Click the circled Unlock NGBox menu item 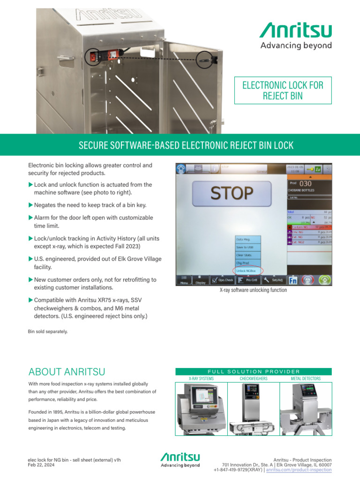tap(248, 270)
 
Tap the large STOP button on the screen tap(232, 193)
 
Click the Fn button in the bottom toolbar tap(292, 280)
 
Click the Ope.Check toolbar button tap(222, 280)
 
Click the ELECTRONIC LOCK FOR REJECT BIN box tap(282, 90)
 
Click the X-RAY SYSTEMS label tap(201, 378)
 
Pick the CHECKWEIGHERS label tap(254, 378)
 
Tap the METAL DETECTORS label tap(306, 378)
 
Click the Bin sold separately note tap(48, 331)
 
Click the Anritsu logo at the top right tap(296, 37)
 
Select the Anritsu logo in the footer tap(180, 460)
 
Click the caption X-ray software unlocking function tap(253, 291)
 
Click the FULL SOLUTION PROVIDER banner tap(253, 371)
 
